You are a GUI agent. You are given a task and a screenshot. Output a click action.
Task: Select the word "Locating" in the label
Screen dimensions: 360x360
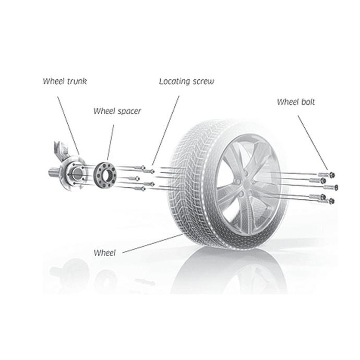coord(175,81)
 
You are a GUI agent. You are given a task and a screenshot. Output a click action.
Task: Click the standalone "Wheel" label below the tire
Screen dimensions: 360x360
coord(104,253)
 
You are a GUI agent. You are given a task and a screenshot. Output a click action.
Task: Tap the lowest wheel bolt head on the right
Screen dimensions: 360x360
coord(330,201)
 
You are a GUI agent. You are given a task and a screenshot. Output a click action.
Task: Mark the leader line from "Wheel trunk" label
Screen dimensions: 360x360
coord(67,120)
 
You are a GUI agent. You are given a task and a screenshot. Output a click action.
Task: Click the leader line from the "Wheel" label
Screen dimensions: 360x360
coord(151,244)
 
